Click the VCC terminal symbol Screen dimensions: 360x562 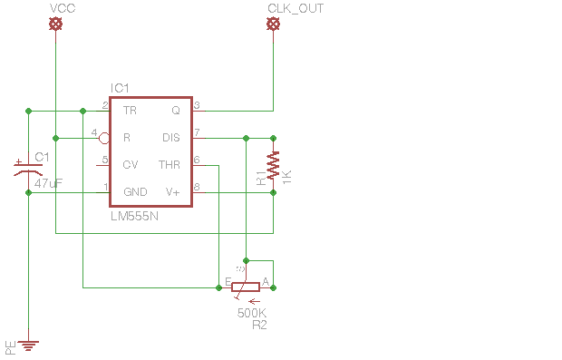pyautogui.click(x=55, y=25)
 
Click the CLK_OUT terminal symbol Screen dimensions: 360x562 pyautogui.click(x=273, y=25)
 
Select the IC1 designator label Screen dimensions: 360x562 pyautogui.click(x=121, y=88)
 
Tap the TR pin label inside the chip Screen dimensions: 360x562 pyautogui.click(x=130, y=111)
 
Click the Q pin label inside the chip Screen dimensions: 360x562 pyautogui.click(x=176, y=111)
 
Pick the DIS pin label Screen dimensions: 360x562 pyautogui.click(x=170, y=138)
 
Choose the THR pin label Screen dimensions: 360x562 pyautogui.click(x=170, y=165)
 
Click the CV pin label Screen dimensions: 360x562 pyautogui.click(x=130, y=165)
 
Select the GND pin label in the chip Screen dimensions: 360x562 pyautogui.click(x=135, y=192)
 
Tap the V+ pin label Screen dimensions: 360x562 pyautogui.click(x=172, y=192)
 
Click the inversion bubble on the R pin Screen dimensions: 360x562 pyautogui.click(x=105, y=138)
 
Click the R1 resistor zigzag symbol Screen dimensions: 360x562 pyautogui.click(x=273, y=165)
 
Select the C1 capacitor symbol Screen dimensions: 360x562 pyautogui.click(x=28, y=169)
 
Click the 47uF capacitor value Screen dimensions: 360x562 pyautogui.click(x=48, y=183)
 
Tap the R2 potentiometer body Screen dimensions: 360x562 pyautogui.click(x=246, y=287)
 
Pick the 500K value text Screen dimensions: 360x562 pyautogui.click(x=252, y=313)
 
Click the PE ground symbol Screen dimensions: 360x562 pyautogui.click(x=29, y=345)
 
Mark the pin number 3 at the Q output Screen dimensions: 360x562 pyautogui.click(x=197, y=105)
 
